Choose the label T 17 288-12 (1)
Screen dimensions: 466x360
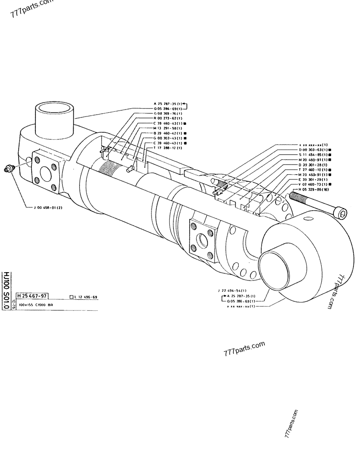coord(168,148)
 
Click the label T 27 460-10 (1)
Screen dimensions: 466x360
coord(313,169)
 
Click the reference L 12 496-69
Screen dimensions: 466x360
coord(85,297)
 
